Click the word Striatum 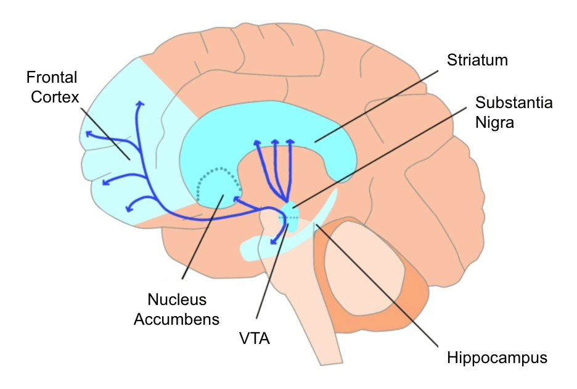point(478,61)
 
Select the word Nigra point(495,122)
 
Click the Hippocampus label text point(497,358)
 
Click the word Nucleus point(177,300)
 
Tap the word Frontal point(52,78)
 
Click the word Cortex point(49,98)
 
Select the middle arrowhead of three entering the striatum point(275,143)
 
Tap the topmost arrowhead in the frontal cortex point(140,104)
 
